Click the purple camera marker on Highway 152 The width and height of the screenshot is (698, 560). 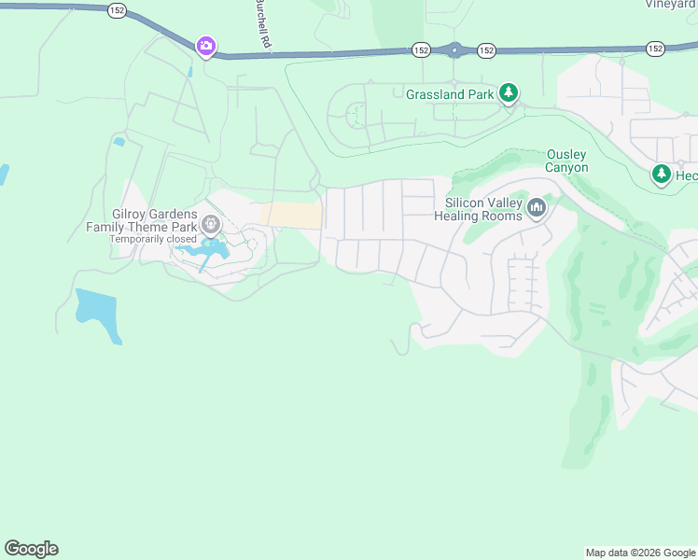click(x=205, y=46)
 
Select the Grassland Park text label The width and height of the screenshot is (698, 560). click(x=449, y=94)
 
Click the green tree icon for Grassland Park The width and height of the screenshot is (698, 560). click(x=508, y=92)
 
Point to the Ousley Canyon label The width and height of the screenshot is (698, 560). click(x=567, y=161)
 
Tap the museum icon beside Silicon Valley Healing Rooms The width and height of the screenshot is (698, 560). click(x=536, y=207)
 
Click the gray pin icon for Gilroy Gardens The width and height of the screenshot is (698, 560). click(x=212, y=224)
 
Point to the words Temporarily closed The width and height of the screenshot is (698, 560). click(x=153, y=239)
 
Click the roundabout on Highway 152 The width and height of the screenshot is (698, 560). click(x=454, y=50)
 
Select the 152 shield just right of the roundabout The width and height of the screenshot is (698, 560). click(x=486, y=49)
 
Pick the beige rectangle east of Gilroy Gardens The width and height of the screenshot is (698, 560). click(x=292, y=215)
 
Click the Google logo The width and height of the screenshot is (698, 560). click(x=31, y=549)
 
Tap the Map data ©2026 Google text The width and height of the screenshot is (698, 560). click(x=639, y=553)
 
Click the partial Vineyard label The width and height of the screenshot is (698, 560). click(x=670, y=4)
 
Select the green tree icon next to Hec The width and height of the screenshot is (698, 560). click(x=662, y=174)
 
